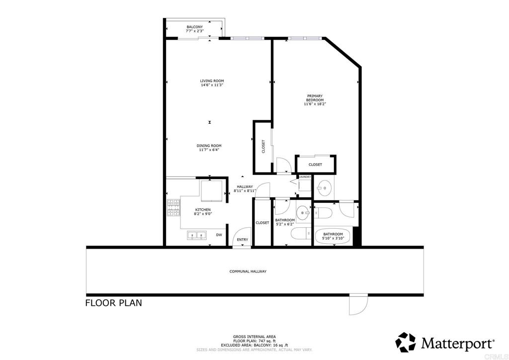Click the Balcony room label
click(195, 27)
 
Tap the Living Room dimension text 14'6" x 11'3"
click(212, 85)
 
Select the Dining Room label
click(209, 146)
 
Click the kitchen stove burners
click(173, 208)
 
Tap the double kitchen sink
click(197, 235)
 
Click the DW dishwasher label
click(219, 235)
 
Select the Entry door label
click(243, 240)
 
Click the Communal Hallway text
click(248, 271)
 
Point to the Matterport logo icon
click(406, 342)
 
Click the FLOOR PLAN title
click(114, 303)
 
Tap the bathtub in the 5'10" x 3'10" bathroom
click(333, 236)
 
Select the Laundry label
click(305, 177)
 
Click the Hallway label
click(245, 186)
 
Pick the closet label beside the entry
click(262, 223)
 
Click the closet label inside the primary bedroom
click(315, 165)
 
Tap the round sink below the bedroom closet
click(324, 187)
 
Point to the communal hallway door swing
click(358, 304)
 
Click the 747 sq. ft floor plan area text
click(254, 341)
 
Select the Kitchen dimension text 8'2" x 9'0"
click(203, 214)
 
